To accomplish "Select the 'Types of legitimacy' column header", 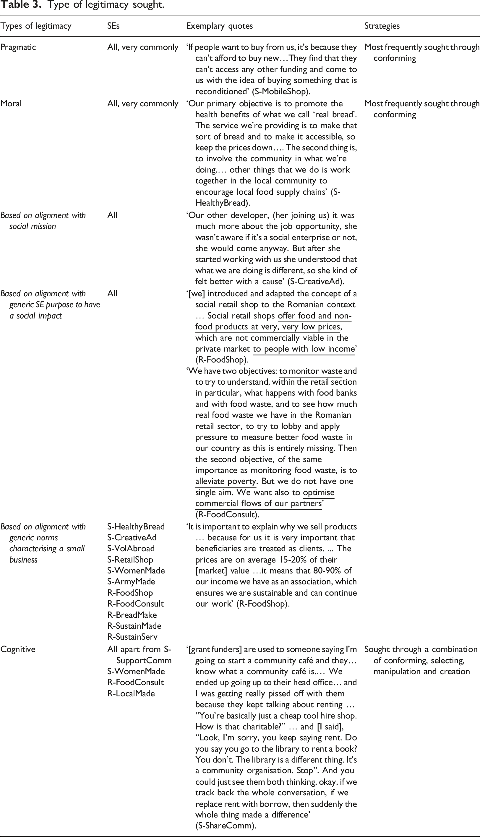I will (x=35, y=26).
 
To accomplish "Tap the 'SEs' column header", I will (x=113, y=26).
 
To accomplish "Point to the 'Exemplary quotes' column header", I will (x=219, y=26).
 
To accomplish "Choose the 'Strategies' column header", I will (x=382, y=26).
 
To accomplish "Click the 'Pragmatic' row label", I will (x=18, y=47).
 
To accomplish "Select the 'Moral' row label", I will (x=11, y=103).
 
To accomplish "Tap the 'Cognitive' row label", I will (x=18, y=649).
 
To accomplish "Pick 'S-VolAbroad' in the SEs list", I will (x=131, y=549).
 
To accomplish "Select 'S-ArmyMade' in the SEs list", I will (x=131, y=582).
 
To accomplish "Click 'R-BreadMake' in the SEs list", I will (x=132, y=615).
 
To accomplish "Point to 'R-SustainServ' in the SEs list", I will (x=132, y=637).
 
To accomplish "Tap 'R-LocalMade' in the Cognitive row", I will (x=131, y=693).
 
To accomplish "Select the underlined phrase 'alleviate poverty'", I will (x=226, y=482).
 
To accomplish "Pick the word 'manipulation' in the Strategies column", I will (x=395, y=671).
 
